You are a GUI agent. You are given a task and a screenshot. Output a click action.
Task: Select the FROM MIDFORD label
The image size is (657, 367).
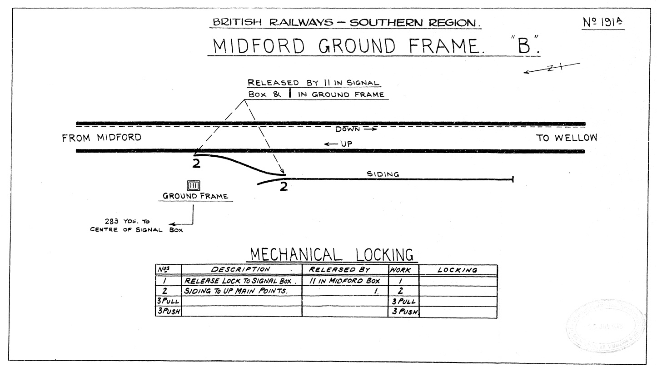(102, 138)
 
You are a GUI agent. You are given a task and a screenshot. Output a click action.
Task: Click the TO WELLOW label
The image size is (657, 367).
(567, 138)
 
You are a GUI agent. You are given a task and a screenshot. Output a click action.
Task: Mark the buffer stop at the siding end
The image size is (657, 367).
(513, 179)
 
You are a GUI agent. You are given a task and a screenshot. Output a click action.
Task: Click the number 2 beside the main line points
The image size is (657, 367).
(196, 164)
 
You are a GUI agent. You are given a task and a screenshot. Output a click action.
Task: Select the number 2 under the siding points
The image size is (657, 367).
(283, 187)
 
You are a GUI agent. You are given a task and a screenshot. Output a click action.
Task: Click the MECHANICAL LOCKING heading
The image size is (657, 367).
(331, 254)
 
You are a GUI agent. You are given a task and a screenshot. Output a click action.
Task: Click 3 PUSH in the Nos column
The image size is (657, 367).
(168, 312)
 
